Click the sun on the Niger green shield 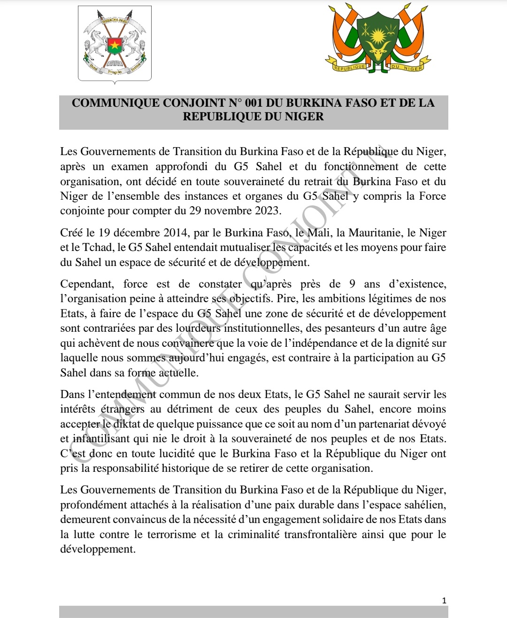click(x=378, y=35)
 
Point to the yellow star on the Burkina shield click(x=115, y=46)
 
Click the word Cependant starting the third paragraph click(x=87, y=284)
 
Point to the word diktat click(x=127, y=424)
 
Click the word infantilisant click(x=101, y=439)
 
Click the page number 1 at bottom click(x=444, y=600)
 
